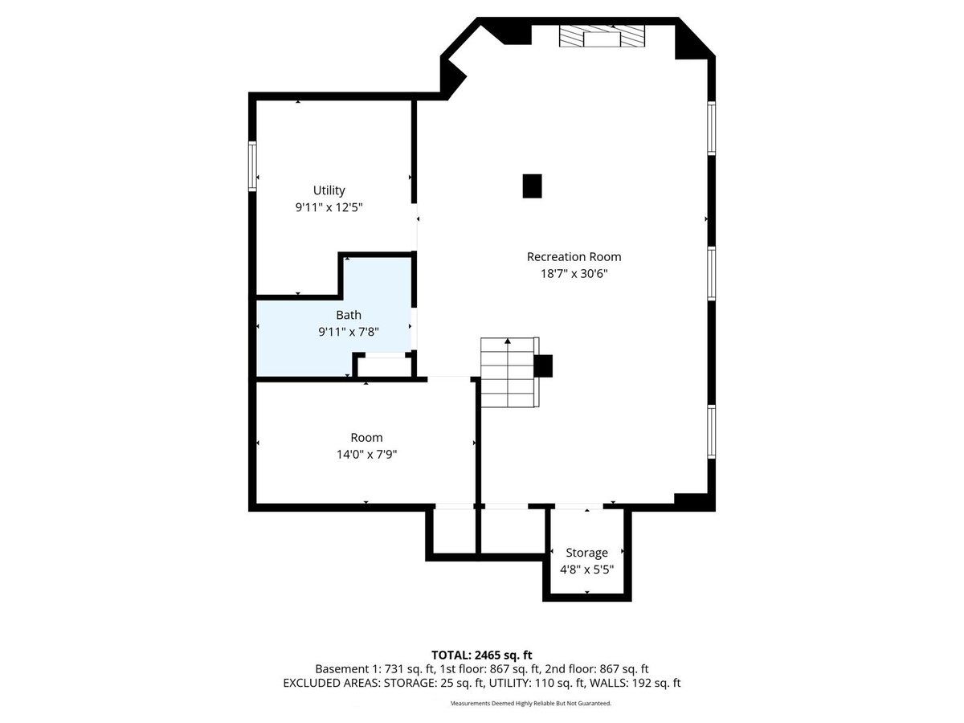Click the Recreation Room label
(574, 256)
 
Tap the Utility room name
(329, 190)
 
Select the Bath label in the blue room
(349, 315)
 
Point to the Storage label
(586, 553)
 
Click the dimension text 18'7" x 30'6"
(574, 273)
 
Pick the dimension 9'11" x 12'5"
(329, 207)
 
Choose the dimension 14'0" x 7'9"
(366, 454)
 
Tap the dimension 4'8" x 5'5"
(586, 570)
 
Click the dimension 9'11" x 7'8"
(349, 332)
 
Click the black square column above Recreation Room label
(532, 186)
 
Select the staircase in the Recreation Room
(509, 372)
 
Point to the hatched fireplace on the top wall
(602, 35)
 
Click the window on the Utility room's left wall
(252, 166)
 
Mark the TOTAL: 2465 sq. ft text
(482, 655)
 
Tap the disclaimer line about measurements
(531, 703)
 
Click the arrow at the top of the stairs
(508, 341)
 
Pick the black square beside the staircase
(543, 366)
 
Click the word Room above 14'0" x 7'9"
(366, 437)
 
